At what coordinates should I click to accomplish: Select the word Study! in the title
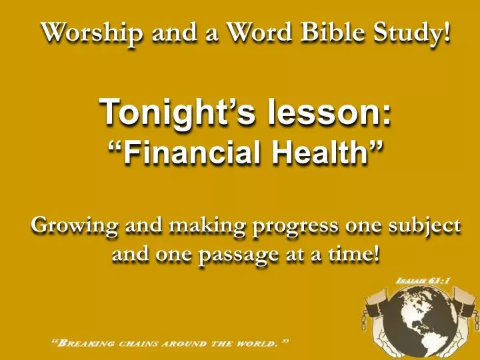coord(413,31)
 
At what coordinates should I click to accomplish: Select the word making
coord(205,226)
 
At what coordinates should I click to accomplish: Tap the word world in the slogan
coord(253,344)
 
